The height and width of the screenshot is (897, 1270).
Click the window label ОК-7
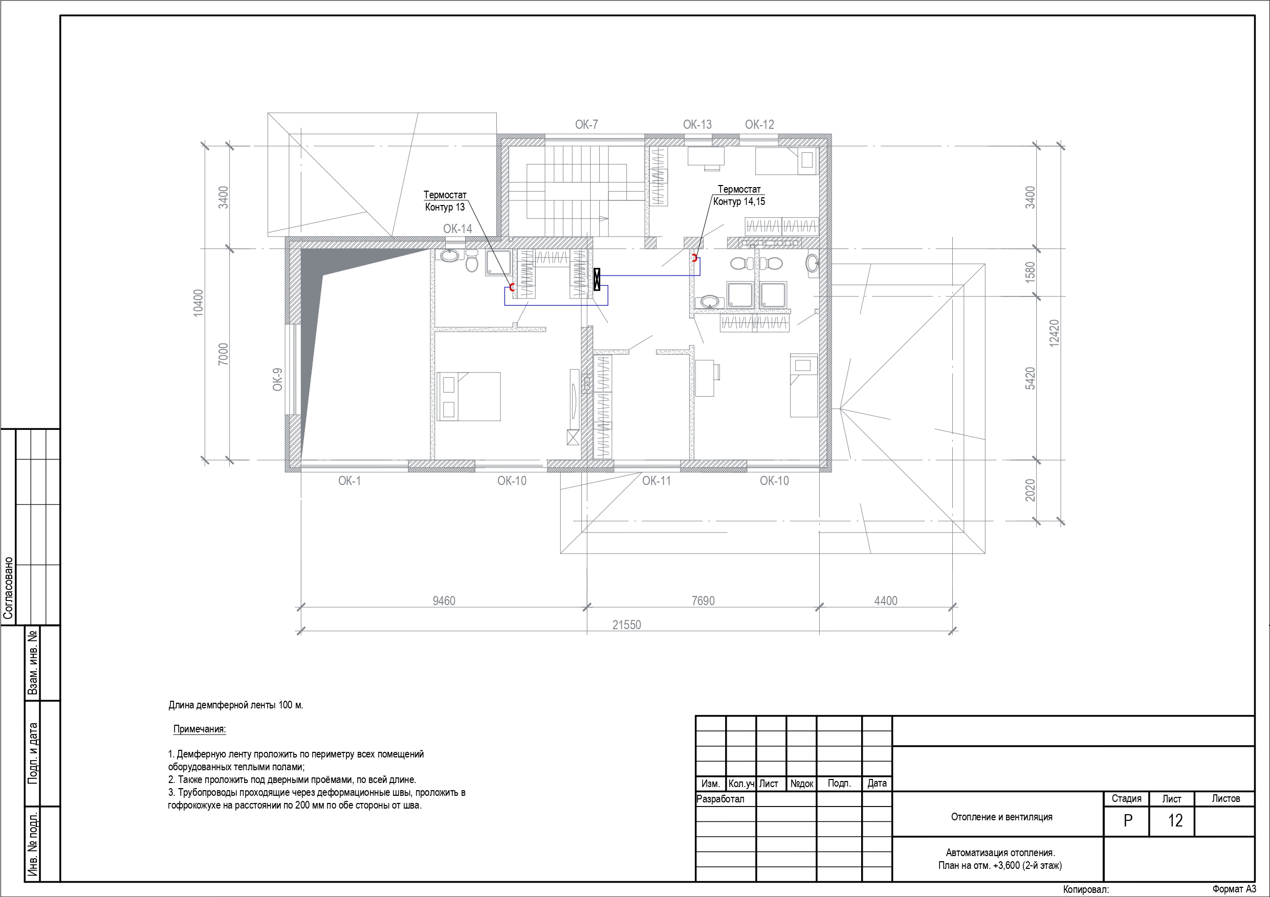(586, 124)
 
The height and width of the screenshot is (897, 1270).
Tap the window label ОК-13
(697, 124)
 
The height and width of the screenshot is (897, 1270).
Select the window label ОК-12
(759, 124)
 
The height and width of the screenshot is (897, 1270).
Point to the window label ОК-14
(457, 229)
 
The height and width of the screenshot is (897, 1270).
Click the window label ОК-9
(278, 380)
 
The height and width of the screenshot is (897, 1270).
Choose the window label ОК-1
(349, 481)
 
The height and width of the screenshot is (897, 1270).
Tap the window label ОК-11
(656, 481)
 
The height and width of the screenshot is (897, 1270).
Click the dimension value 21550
(627, 625)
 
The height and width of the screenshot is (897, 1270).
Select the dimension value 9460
(444, 601)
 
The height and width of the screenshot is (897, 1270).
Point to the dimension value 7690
(703, 601)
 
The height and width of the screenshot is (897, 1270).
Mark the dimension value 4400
(886, 601)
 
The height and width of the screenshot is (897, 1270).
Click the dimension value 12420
(1054, 333)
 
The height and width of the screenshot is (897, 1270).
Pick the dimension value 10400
(198, 303)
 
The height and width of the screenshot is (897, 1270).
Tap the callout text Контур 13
(445, 207)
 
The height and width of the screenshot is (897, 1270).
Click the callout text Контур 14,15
(739, 202)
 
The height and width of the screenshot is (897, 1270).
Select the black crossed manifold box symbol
(597, 279)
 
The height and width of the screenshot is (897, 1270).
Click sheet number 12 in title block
(1175, 821)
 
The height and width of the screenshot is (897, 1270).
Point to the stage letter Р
(1128, 821)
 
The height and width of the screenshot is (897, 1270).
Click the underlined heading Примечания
(200, 729)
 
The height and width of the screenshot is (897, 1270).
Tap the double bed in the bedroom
(469, 397)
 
